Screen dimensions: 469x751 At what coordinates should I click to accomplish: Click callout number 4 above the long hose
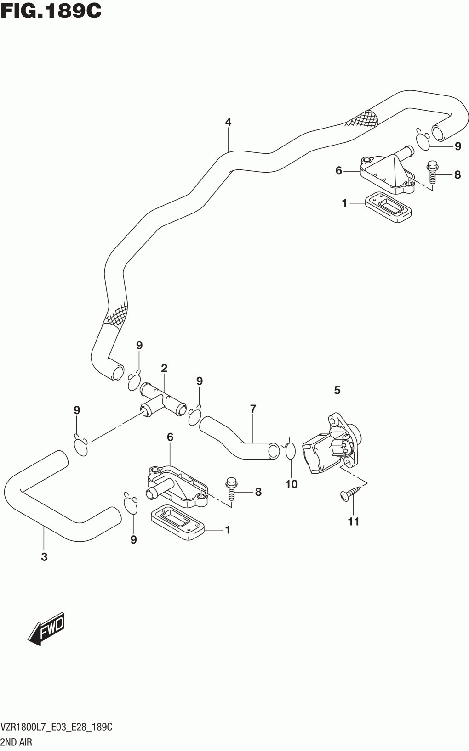(x=228, y=123)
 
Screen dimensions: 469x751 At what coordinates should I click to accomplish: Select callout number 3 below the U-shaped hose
(x=44, y=557)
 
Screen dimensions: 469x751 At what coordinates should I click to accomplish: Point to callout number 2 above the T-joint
(x=164, y=368)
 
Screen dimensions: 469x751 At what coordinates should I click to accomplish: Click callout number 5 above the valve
(x=337, y=390)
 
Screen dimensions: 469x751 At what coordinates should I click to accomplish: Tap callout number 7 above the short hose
(x=253, y=409)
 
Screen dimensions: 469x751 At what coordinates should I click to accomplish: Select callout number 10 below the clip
(x=292, y=484)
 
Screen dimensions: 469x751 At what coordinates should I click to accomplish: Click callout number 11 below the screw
(x=354, y=521)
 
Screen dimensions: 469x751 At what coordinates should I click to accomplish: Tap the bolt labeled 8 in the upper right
(x=432, y=172)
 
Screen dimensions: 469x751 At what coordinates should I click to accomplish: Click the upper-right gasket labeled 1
(x=388, y=207)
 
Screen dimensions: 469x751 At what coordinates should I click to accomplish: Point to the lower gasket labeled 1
(x=177, y=523)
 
